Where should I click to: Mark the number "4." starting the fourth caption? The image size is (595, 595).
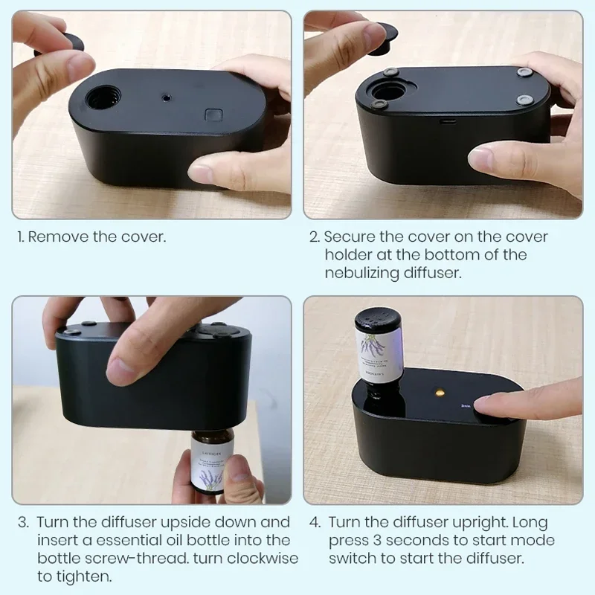[314, 522]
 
